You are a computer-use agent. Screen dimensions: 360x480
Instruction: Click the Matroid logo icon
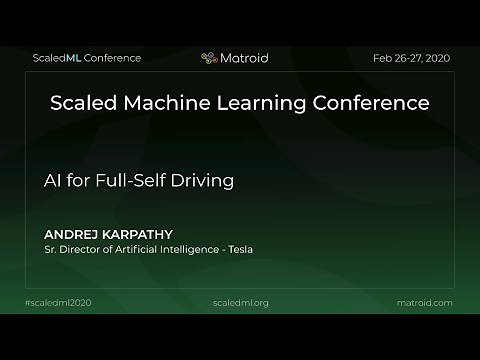[x=209, y=58]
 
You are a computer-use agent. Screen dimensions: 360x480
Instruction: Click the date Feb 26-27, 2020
[x=412, y=58]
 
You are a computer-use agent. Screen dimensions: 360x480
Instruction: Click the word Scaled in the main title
[x=83, y=103]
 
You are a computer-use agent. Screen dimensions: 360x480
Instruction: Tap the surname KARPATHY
[x=136, y=234]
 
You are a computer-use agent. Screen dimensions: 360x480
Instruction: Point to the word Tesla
[x=239, y=249]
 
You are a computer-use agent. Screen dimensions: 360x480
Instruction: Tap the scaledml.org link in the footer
[x=241, y=302]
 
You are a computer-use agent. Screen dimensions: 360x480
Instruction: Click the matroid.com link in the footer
[x=424, y=302]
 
